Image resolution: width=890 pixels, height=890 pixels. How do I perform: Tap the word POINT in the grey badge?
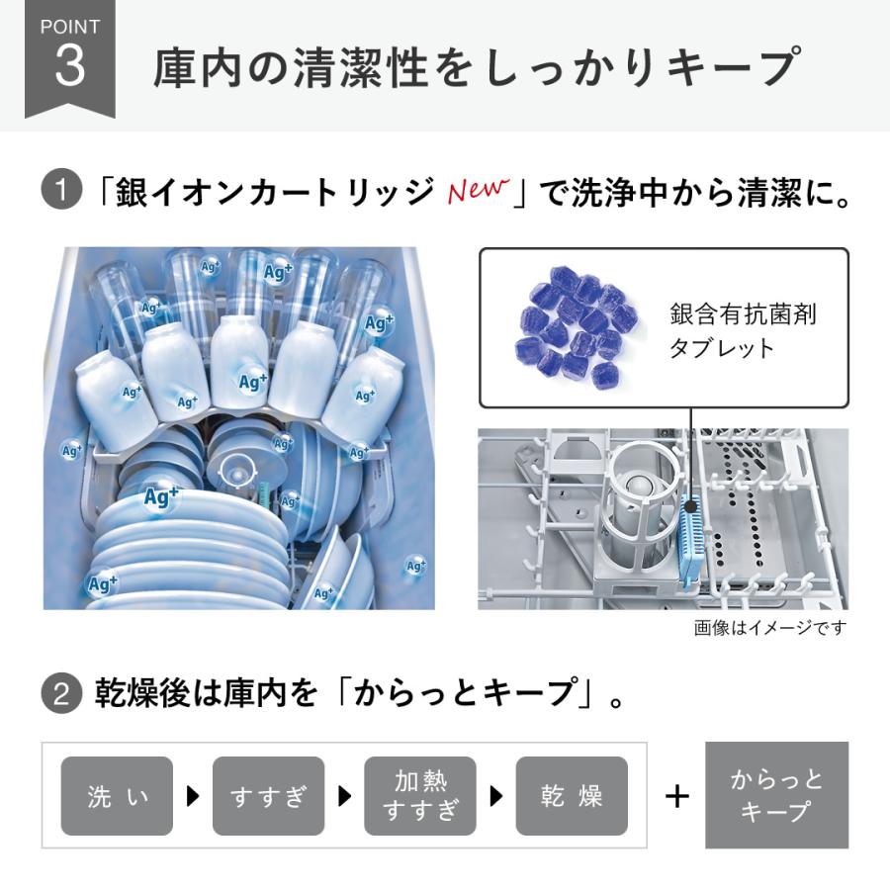(69, 27)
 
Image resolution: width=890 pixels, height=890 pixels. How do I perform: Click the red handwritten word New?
(478, 188)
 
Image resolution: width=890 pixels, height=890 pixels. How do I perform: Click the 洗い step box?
(117, 795)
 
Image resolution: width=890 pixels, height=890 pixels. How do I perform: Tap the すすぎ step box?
(268, 795)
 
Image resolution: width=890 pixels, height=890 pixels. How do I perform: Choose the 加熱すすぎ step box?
(420, 795)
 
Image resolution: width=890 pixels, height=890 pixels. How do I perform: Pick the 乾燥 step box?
(572, 795)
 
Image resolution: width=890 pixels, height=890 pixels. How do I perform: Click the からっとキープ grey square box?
(776, 795)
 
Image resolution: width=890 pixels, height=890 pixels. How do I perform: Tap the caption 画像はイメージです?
(770, 627)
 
